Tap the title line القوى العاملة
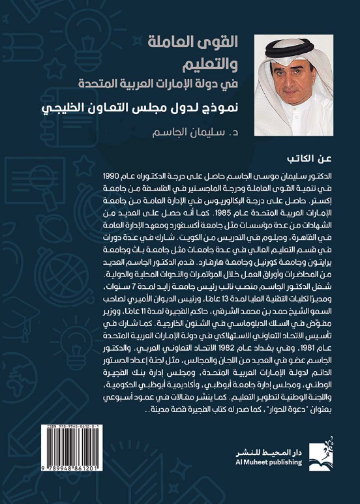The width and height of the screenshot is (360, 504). coord(202,44)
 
